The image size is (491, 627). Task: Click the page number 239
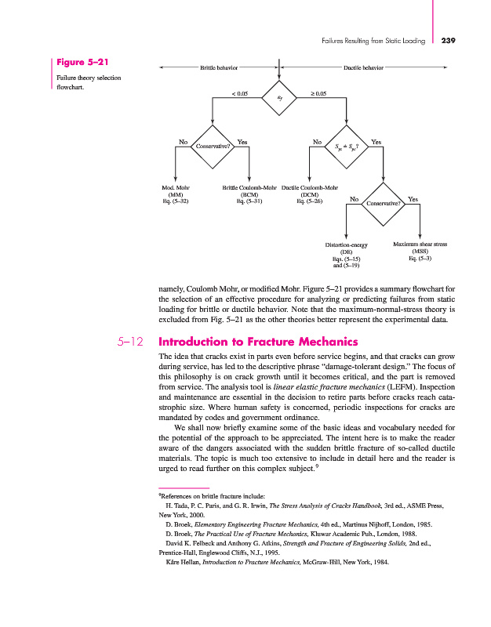(x=449, y=40)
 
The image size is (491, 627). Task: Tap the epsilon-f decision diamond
(x=280, y=97)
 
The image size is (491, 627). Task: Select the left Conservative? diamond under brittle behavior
(x=213, y=146)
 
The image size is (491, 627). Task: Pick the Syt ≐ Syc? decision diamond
(x=347, y=146)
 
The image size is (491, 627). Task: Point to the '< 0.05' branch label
(x=240, y=93)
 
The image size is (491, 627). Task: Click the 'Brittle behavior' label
(x=220, y=68)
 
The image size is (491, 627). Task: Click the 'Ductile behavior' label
(x=363, y=68)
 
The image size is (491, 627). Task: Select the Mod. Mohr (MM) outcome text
(x=176, y=194)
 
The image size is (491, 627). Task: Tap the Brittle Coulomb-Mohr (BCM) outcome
(x=249, y=194)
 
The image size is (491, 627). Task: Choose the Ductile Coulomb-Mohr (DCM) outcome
(x=309, y=194)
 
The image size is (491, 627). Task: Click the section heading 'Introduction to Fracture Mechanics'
(x=246, y=342)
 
